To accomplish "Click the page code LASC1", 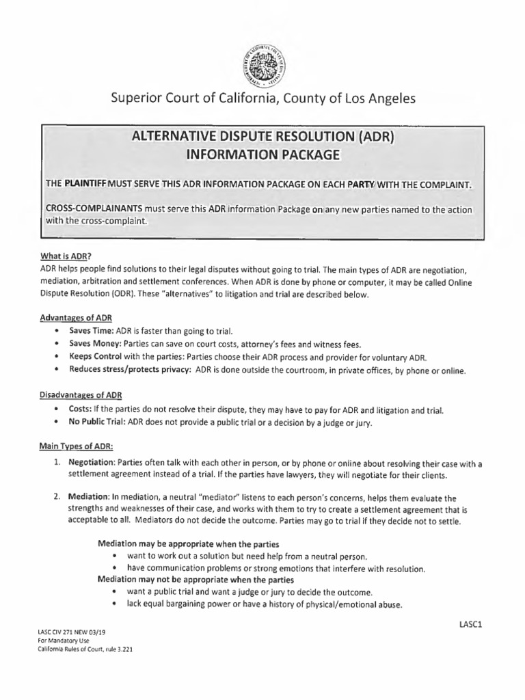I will pyautogui.click(x=471, y=624).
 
